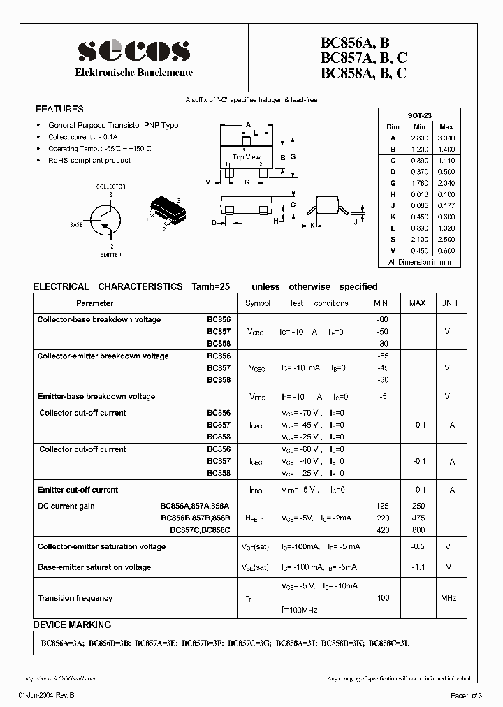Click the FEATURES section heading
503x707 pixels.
click(x=59, y=110)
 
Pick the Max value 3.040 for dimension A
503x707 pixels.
click(x=446, y=138)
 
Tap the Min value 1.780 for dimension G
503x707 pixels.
click(x=419, y=183)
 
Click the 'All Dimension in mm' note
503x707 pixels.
click(x=419, y=262)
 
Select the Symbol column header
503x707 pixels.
click(x=258, y=303)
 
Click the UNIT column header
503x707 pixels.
click(x=450, y=303)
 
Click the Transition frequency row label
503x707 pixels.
click(x=75, y=598)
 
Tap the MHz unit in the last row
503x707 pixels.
click(x=449, y=598)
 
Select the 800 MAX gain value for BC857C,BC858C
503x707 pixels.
click(x=418, y=530)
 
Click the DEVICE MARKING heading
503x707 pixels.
click(x=72, y=625)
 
